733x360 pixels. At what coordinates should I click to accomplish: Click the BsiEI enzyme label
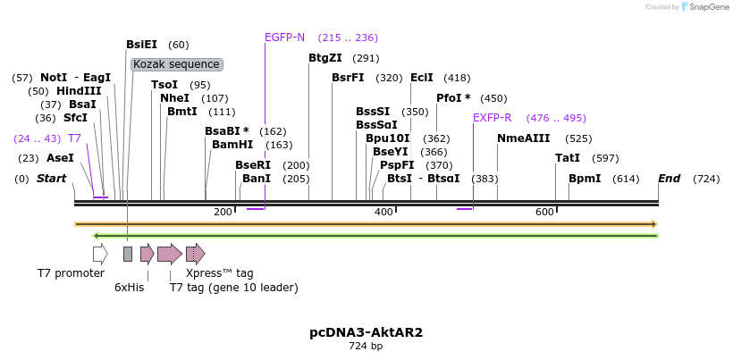coord(141,45)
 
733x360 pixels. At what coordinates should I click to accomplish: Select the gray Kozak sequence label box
coord(176,64)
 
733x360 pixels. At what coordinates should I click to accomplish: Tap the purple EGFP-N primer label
coord(284,38)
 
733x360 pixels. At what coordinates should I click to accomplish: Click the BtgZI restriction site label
coord(324,58)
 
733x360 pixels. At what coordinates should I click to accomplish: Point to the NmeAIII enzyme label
coord(524,138)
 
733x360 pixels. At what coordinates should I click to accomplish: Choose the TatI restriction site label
coord(568,158)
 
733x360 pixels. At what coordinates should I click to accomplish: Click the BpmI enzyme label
coord(585,179)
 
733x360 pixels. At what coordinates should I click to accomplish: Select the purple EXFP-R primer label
coord(492,118)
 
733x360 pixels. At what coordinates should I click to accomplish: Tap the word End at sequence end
coord(670,179)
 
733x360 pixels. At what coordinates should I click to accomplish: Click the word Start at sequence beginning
coord(51,179)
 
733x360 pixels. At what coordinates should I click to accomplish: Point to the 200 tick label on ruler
coord(223,212)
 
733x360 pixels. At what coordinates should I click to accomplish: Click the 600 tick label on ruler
coord(544,212)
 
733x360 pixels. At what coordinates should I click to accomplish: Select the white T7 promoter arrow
coord(100,254)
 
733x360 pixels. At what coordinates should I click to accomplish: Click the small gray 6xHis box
coord(128,254)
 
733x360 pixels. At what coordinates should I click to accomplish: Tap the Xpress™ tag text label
coord(219,273)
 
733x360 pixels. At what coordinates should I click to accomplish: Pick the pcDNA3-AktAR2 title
coord(366,332)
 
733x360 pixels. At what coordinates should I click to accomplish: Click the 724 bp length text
coord(366,346)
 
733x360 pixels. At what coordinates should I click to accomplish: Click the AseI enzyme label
coord(60,158)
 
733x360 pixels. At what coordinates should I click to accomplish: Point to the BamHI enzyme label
coord(232,145)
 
